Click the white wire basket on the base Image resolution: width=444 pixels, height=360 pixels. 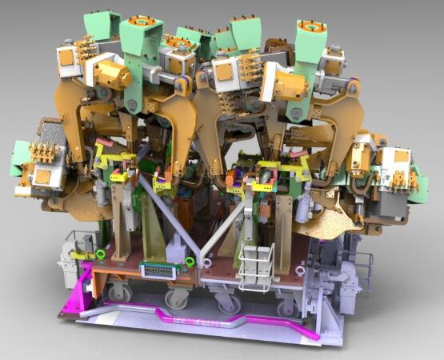(x=257, y=267)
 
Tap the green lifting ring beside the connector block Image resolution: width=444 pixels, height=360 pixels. (x=190, y=261)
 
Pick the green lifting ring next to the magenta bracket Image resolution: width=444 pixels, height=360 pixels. (x=101, y=255)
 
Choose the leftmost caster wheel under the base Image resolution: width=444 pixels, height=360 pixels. (x=112, y=292)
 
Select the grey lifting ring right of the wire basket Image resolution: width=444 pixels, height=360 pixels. (x=297, y=270)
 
